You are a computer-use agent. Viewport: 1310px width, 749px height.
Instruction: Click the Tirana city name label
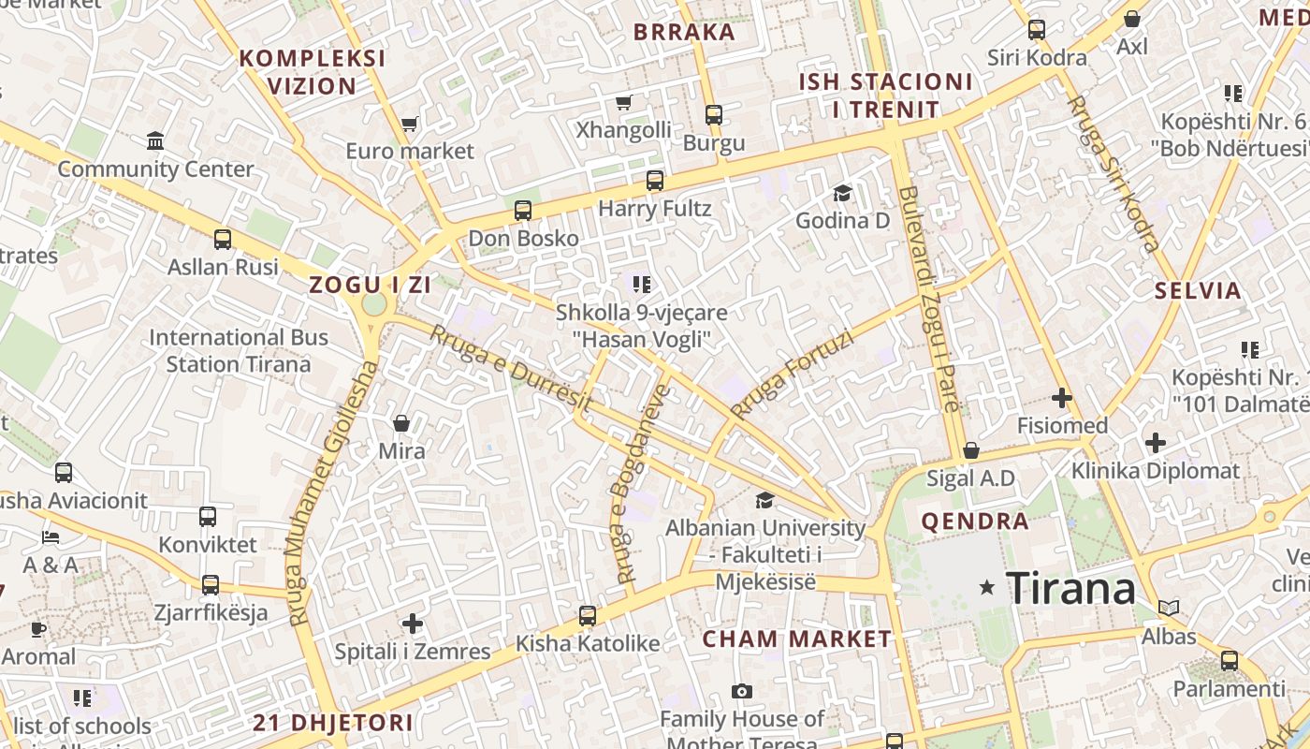[1070, 588]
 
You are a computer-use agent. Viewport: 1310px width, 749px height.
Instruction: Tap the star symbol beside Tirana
[986, 588]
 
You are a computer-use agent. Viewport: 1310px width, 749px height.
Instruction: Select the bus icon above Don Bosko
[523, 211]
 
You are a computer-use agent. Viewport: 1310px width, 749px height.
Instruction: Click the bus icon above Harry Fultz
[655, 181]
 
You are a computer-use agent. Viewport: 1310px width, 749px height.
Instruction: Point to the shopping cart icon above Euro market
[409, 124]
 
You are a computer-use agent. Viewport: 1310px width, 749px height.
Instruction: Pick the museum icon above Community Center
[155, 141]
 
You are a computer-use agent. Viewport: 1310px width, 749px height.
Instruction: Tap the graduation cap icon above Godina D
[842, 194]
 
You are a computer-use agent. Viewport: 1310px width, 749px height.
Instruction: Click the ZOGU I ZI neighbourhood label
[371, 286]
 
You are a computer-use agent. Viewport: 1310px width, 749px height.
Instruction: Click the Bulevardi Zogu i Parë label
[929, 300]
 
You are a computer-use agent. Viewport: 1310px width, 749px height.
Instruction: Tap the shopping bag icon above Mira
[401, 424]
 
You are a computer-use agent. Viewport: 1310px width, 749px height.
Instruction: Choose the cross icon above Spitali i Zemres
[413, 624]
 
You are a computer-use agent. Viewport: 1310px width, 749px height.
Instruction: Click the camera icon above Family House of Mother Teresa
[742, 692]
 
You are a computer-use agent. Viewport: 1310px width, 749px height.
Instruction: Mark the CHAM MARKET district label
[797, 639]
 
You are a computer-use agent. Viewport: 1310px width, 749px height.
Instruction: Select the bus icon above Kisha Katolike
[588, 616]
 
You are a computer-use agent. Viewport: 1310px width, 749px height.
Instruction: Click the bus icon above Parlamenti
[1230, 661]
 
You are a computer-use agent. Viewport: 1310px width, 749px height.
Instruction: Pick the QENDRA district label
[975, 521]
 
